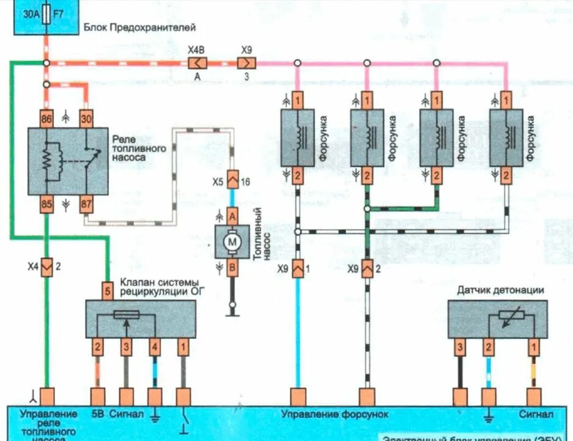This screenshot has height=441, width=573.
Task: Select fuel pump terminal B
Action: coord(232,266)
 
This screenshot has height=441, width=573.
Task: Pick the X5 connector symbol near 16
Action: coord(232,181)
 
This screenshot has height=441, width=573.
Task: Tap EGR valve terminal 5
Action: coord(108,291)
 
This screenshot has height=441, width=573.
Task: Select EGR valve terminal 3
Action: coord(126,348)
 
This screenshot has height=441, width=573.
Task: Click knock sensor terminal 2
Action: coord(488,348)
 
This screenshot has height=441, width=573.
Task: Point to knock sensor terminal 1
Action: coord(534,348)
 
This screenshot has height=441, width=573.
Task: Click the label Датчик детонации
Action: coord(500,290)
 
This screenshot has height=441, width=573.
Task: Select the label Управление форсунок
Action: coord(335,414)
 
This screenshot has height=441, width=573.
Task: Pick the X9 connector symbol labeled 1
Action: coord(297,268)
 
